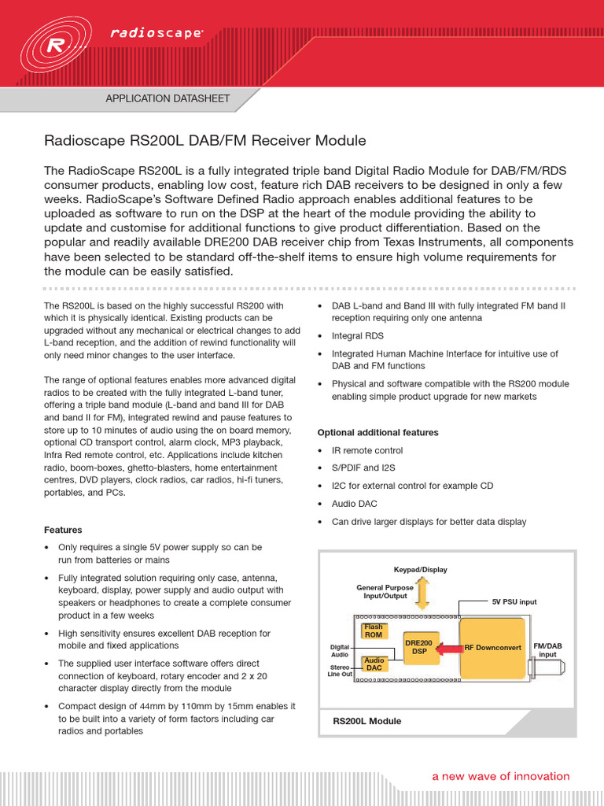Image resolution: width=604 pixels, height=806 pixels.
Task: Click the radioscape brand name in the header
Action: pos(157,33)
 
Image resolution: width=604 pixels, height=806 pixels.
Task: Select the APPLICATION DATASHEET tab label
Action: pos(168,98)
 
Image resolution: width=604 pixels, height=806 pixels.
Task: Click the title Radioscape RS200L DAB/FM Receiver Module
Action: pos(204,141)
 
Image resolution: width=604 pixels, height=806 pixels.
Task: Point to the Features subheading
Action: pos(63,530)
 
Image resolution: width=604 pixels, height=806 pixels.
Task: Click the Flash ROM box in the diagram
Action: pos(374,630)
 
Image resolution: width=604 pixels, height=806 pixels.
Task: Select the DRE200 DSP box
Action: pos(419,647)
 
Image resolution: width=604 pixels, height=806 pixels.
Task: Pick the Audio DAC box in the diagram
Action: pos(374,664)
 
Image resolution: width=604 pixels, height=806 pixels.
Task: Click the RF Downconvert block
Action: pos(493,648)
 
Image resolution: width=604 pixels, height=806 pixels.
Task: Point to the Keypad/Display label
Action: pos(420,569)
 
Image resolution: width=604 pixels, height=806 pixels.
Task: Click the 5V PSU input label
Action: pos(514,601)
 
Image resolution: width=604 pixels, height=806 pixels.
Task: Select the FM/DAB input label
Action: pos(547,650)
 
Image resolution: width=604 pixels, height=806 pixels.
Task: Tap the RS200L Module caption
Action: pos(366,721)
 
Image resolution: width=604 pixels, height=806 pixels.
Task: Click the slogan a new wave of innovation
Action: pos(500,776)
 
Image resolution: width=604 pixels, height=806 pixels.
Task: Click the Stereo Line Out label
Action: pos(340,670)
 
